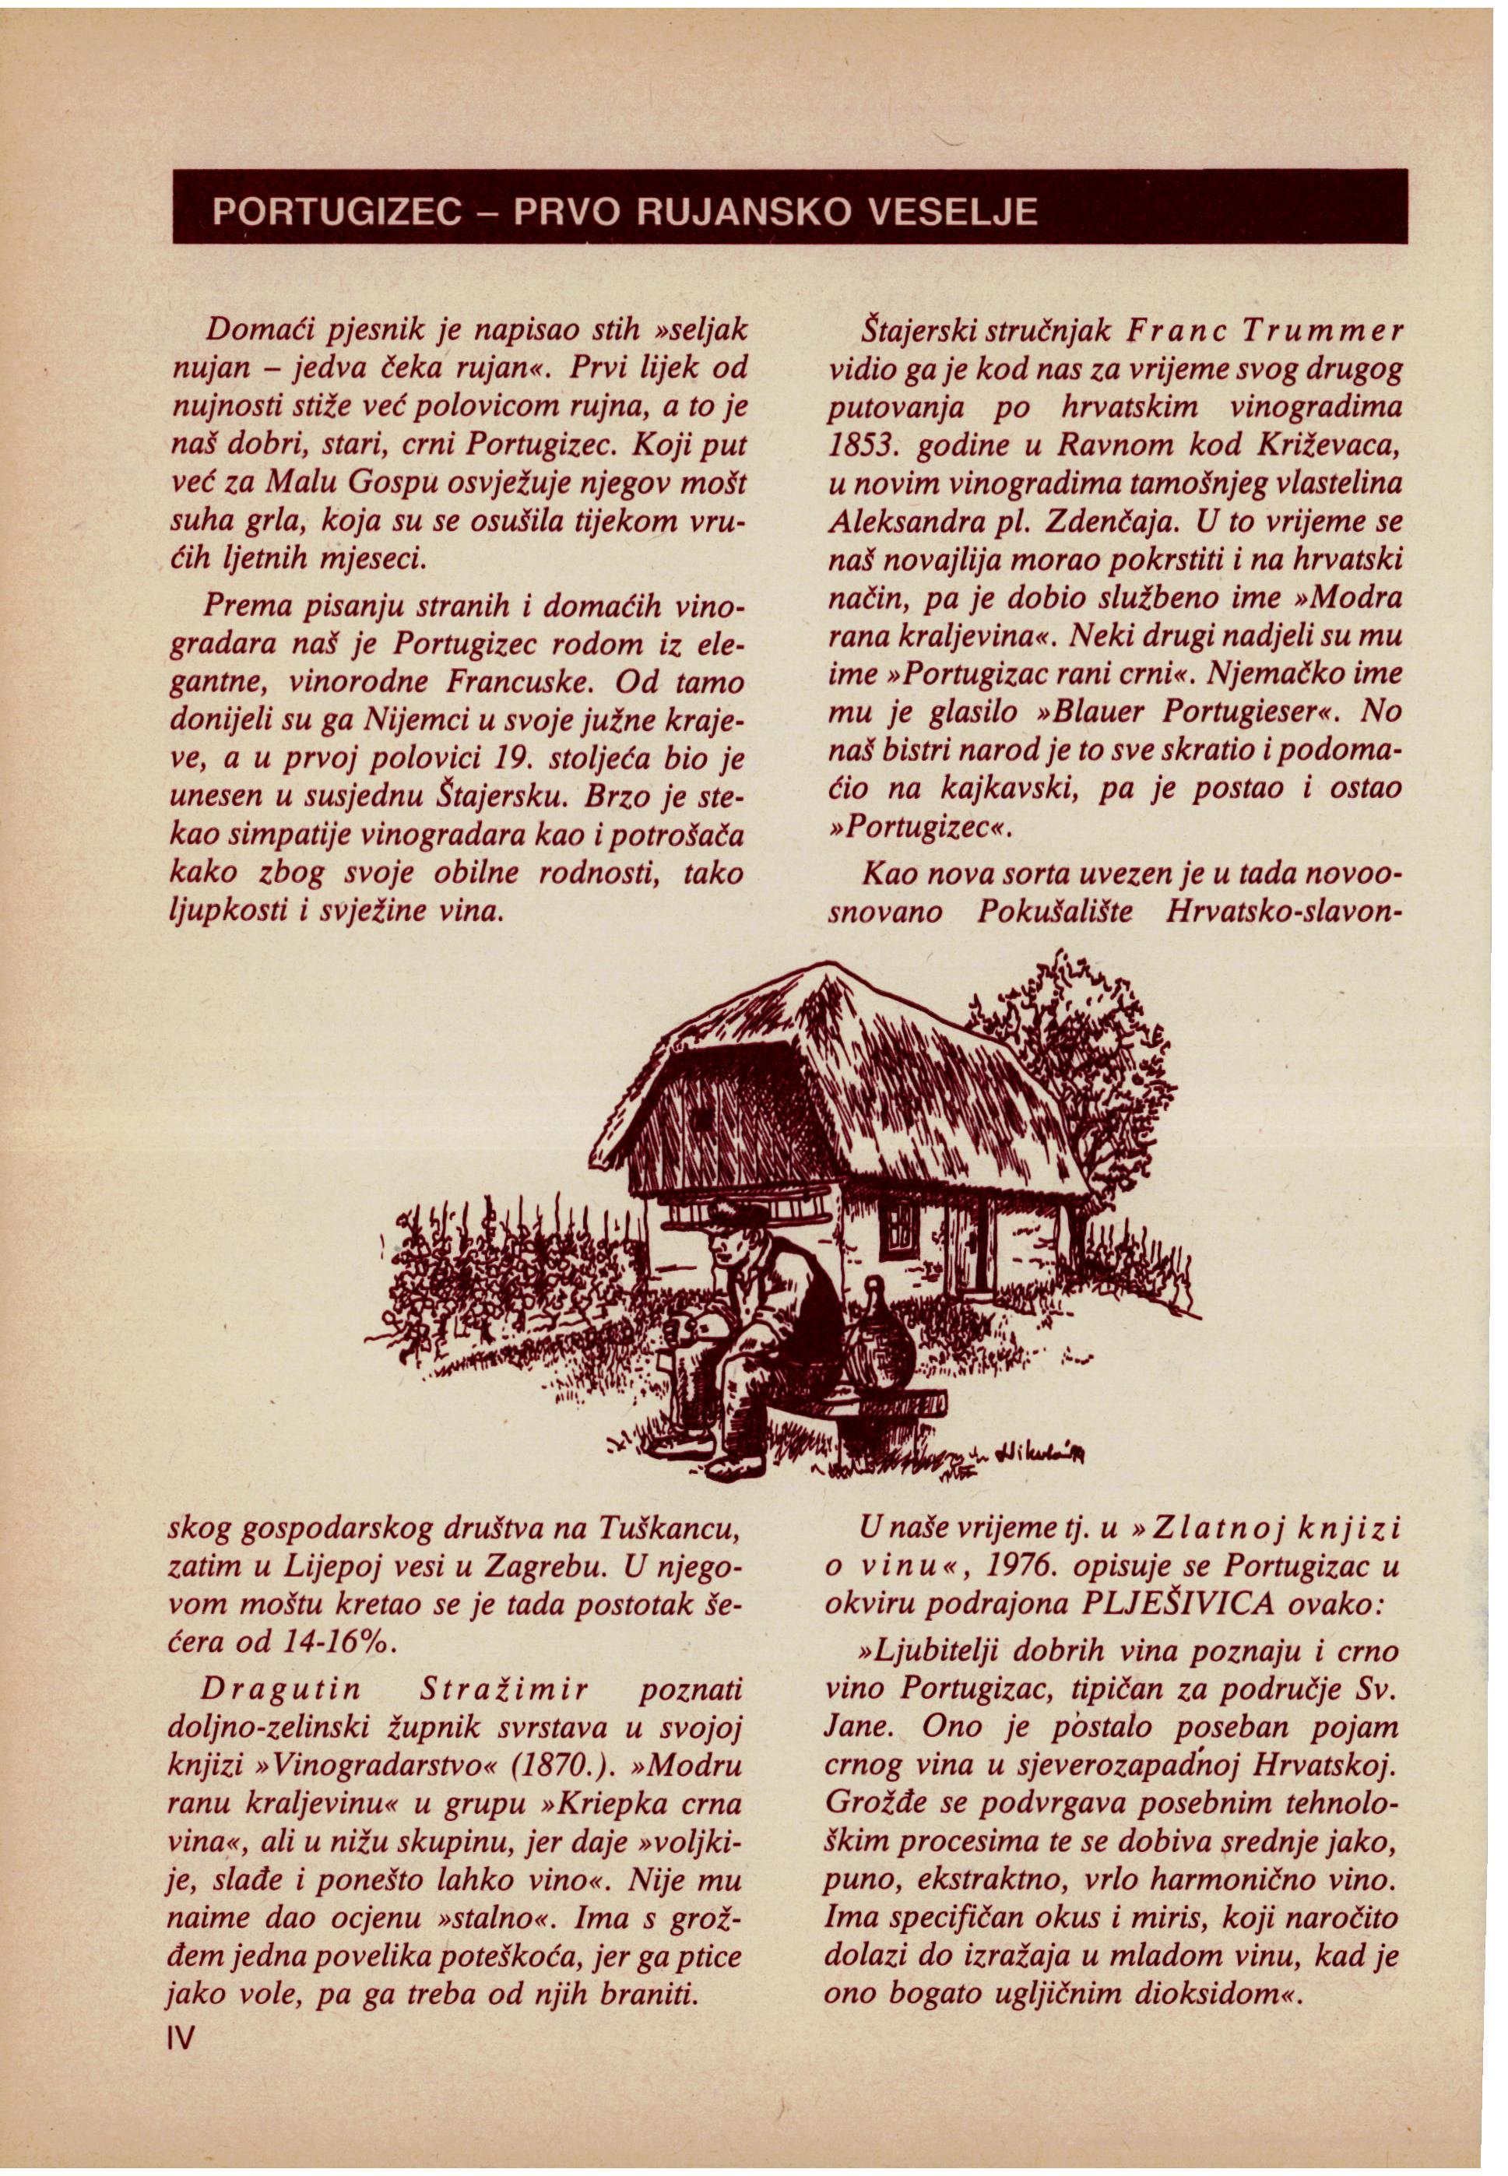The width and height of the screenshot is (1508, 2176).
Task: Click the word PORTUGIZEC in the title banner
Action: (336, 211)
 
